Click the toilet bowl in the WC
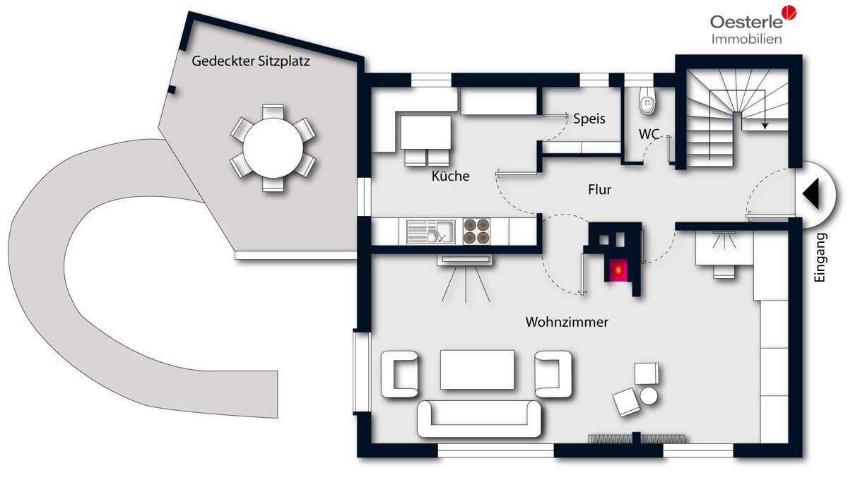click(648, 101)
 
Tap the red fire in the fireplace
click(618, 270)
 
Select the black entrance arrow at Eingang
click(811, 193)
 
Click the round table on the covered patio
click(273, 148)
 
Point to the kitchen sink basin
click(444, 231)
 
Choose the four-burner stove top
click(476, 231)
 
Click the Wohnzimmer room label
click(567, 322)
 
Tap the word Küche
click(451, 176)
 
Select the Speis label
click(589, 119)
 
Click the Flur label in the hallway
click(600, 189)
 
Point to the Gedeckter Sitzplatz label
click(251, 61)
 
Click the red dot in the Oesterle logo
click(789, 13)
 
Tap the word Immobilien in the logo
click(746, 39)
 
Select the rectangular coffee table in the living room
click(477, 369)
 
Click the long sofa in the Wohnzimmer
click(479, 419)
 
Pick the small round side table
click(649, 396)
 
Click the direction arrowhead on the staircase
click(765, 125)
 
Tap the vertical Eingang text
click(819, 258)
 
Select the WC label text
click(649, 134)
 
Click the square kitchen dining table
click(426, 133)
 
